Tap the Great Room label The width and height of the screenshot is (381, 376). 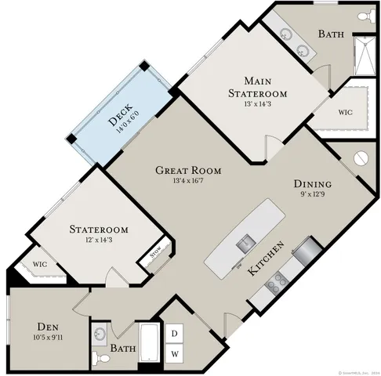click(x=187, y=170)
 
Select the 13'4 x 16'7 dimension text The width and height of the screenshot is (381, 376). click(x=187, y=182)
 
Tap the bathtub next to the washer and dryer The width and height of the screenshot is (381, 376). click(x=149, y=345)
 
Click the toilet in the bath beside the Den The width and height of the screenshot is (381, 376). click(x=97, y=357)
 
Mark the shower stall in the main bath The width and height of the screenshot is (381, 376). click(x=362, y=58)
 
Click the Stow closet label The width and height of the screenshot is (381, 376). click(x=154, y=252)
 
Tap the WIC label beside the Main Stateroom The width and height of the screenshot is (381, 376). click(x=344, y=112)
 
